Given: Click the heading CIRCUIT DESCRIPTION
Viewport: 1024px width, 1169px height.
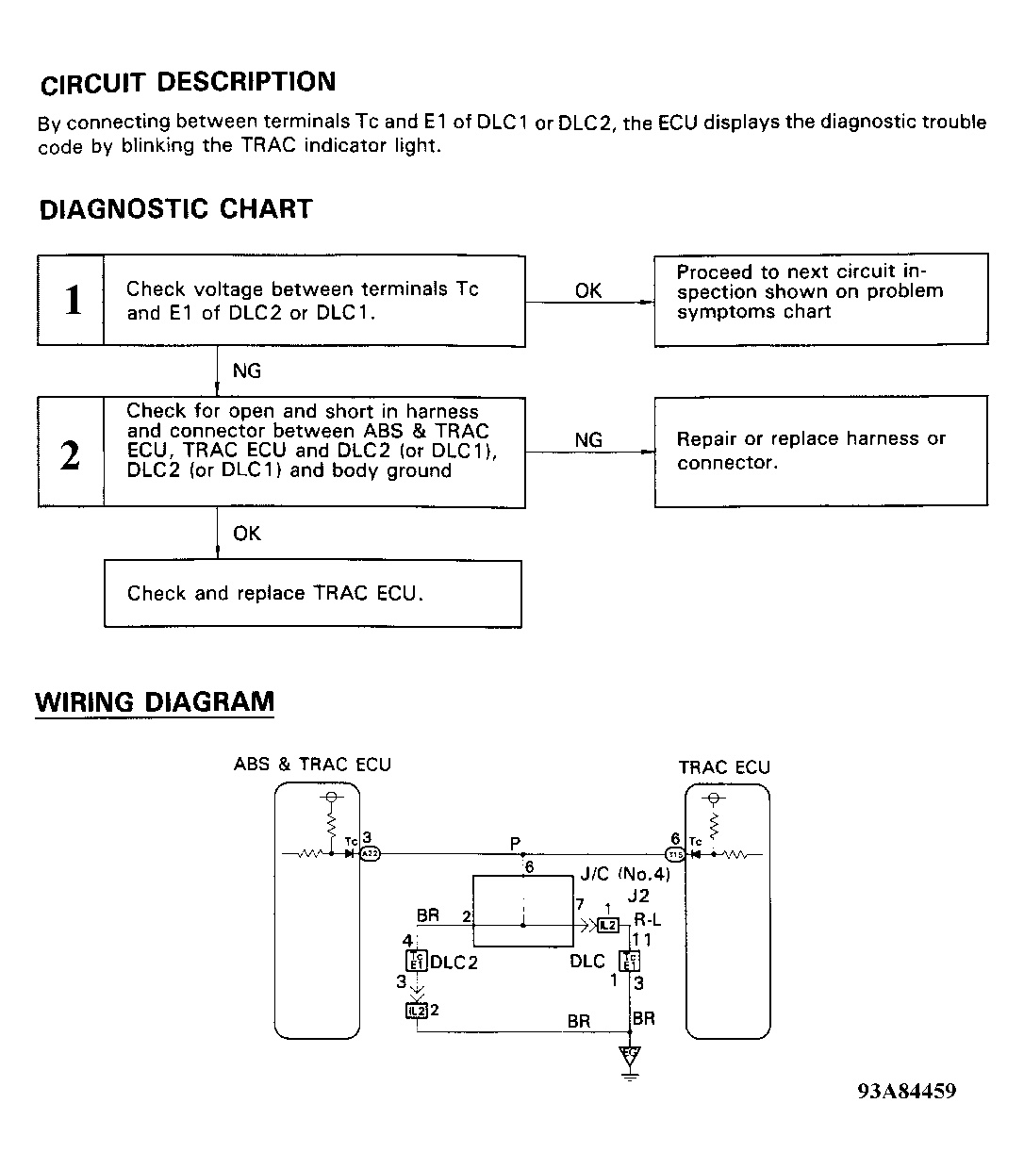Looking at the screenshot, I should pyautogui.click(x=188, y=83).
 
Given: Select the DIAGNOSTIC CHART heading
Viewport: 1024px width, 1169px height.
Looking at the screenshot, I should pyautogui.click(x=175, y=209).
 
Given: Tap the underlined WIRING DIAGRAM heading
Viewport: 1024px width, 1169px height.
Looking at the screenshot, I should pyautogui.click(x=155, y=702).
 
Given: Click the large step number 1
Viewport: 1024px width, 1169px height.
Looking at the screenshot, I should pyautogui.click(x=72, y=301).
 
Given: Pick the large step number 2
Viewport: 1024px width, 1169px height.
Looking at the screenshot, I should pyautogui.click(x=71, y=454).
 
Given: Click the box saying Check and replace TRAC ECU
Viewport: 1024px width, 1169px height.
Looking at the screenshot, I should pyautogui.click(x=312, y=594).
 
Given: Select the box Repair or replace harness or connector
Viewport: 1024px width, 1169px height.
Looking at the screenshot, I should pyautogui.click(x=820, y=451).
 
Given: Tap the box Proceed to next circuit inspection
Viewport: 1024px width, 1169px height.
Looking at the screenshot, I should pyautogui.click(x=820, y=300).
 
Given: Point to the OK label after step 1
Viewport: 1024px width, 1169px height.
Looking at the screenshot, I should pyautogui.click(x=587, y=290).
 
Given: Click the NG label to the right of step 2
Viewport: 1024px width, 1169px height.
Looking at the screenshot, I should pyautogui.click(x=587, y=440).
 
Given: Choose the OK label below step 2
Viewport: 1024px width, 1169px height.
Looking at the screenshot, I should pyautogui.click(x=246, y=534).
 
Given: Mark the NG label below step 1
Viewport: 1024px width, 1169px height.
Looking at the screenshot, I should pyautogui.click(x=246, y=371).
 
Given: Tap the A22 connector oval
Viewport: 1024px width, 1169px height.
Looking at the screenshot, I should pyautogui.click(x=370, y=854).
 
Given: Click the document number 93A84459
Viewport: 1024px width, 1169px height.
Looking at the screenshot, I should pyautogui.click(x=906, y=1091).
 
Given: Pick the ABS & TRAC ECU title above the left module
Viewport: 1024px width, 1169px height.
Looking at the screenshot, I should pyautogui.click(x=312, y=765).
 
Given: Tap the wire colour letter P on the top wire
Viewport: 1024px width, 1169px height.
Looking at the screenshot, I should pyautogui.click(x=515, y=843).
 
